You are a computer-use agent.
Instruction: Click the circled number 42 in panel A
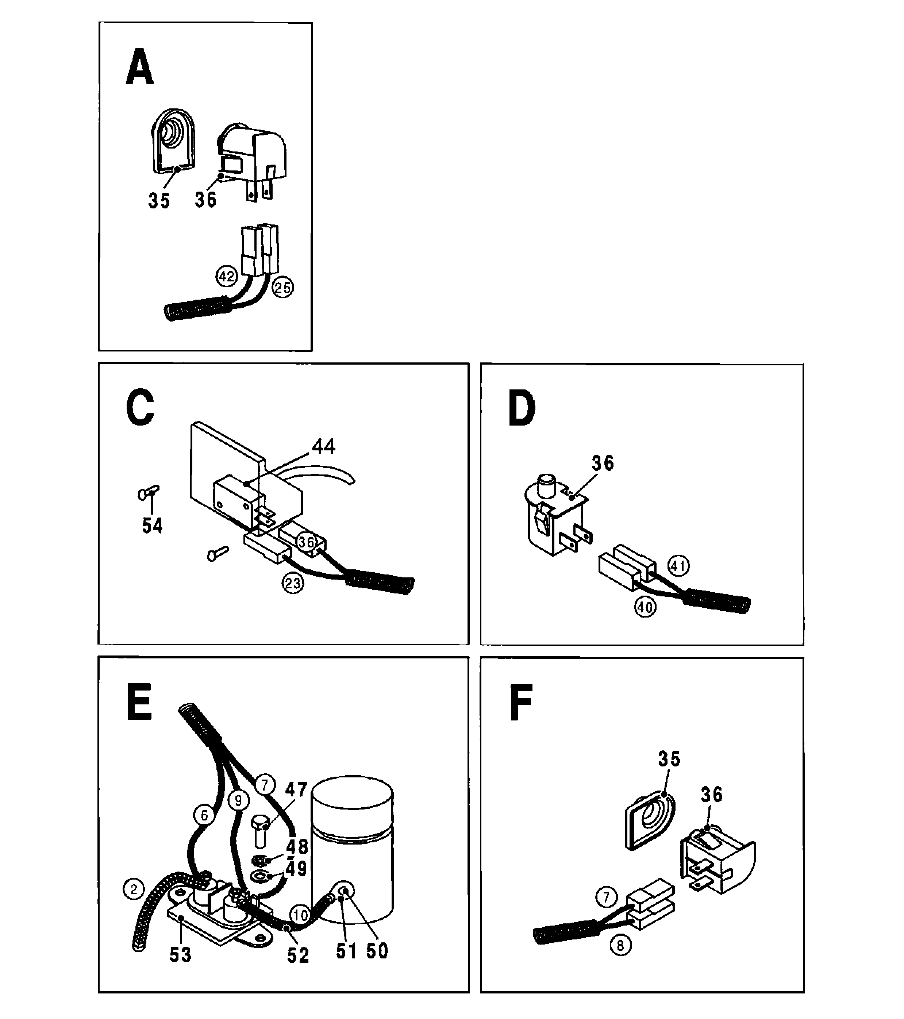click(226, 276)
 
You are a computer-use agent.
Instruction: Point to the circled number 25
click(283, 288)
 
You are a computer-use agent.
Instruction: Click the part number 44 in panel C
click(324, 446)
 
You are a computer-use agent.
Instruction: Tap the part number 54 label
click(152, 526)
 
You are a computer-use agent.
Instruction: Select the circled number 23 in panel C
click(293, 583)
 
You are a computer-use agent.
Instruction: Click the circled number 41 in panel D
click(678, 565)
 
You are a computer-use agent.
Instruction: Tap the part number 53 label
click(180, 955)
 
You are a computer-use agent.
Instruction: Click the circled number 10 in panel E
click(300, 915)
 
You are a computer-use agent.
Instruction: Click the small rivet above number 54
click(148, 493)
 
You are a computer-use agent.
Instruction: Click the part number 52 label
click(298, 955)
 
